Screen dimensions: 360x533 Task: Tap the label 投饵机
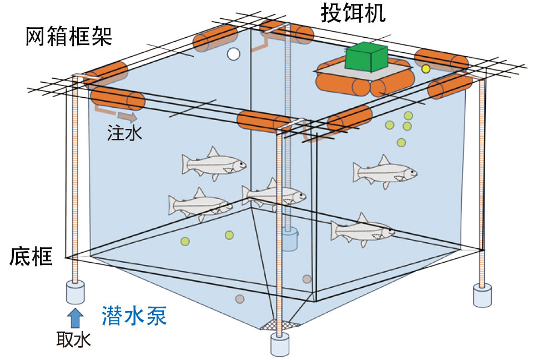click(353, 13)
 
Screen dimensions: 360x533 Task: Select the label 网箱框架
click(69, 38)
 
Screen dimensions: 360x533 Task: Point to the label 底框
click(31, 258)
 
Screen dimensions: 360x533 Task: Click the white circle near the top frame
click(234, 54)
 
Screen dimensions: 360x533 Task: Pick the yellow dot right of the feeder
click(426, 69)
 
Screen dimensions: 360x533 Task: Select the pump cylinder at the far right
click(482, 295)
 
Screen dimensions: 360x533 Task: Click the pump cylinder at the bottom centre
click(281, 344)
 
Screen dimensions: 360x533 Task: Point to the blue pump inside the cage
click(289, 240)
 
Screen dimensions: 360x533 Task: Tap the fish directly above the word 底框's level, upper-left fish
click(213, 164)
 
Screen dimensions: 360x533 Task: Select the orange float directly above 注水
click(117, 98)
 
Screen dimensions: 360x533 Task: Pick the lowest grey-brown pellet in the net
click(240, 299)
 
